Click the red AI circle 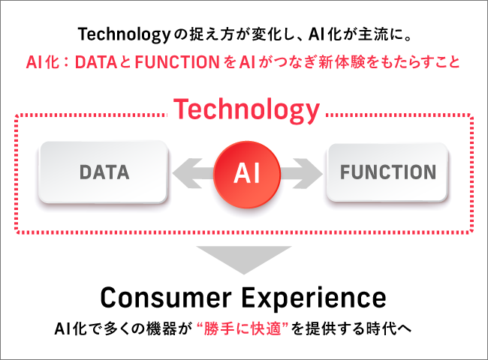246,172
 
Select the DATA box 104,172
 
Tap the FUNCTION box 387,172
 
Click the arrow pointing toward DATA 191,172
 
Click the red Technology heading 246,110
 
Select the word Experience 315,297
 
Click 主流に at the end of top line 391,34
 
